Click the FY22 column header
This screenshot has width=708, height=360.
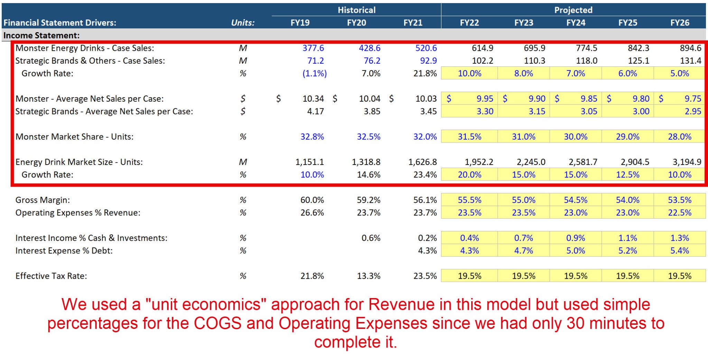click(x=469, y=23)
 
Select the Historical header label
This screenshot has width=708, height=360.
click(x=356, y=10)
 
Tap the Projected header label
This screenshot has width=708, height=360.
click(x=573, y=10)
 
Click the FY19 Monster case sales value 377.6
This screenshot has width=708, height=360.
click(x=313, y=48)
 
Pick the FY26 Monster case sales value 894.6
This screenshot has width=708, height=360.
click(x=690, y=48)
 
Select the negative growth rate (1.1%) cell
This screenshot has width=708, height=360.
click(x=314, y=73)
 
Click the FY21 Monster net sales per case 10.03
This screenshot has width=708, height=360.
click(x=426, y=99)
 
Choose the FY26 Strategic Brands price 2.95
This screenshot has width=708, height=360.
click(x=693, y=111)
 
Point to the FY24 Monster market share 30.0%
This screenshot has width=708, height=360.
click(x=576, y=137)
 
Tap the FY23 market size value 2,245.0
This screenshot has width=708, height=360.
click(x=531, y=162)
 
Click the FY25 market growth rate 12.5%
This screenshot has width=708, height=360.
click(x=627, y=175)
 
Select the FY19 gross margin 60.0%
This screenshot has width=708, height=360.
click(x=312, y=200)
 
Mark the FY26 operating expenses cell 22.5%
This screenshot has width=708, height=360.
click(x=679, y=213)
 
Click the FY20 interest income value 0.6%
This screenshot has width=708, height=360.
click(x=371, y=238)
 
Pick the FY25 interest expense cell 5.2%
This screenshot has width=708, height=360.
click(x=627, y=251)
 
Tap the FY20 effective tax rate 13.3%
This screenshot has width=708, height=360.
click(x=369, y=276)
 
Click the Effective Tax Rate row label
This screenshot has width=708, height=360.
click(x=51, y=276)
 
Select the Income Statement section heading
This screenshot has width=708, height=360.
click(x=41, y=35)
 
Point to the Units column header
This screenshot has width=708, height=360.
click(x=243, y=23)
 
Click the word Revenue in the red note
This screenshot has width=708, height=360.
click(x=401, y=305)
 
